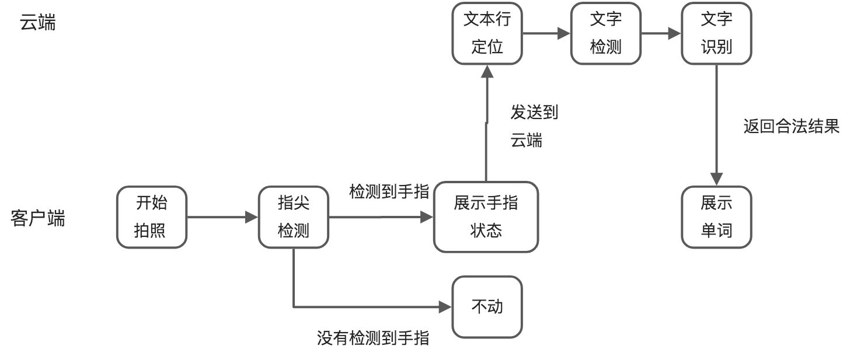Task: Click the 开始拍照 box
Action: pos(152,217)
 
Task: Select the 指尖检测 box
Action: pos(293,217)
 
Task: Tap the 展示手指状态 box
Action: pos(486,217)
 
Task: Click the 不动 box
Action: pos(487,307)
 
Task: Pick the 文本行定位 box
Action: pos(487,33)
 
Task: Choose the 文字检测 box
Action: pos(605,33)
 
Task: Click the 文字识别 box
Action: pos(716,33)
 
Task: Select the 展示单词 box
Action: pos(716,217)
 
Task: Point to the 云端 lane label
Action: pos(38,23)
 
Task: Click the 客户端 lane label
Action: pos(38,219)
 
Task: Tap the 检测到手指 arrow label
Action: pos(389,191)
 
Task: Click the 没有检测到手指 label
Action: pos(373,338)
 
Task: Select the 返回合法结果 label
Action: pos(791,127)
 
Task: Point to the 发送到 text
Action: pos(534,113)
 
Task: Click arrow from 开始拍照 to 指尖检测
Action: pos(222,218)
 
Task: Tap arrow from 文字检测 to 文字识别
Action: pos(661,33)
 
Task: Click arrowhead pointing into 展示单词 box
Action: pos(717,179)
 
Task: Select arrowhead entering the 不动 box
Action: pos(446,307)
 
